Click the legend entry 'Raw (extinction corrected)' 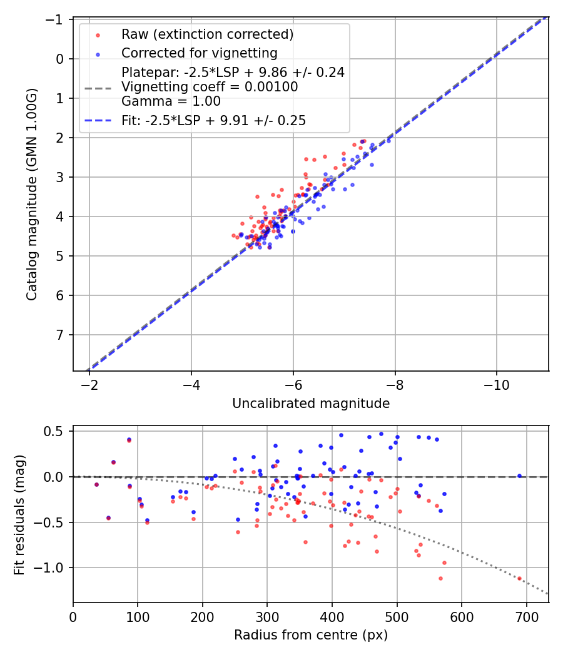point(207,34)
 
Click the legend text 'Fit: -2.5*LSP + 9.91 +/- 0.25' point(213,121)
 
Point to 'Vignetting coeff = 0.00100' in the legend point(210,87)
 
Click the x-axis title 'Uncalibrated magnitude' point(311,404)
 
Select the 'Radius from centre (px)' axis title point(311,635)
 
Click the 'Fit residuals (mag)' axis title point(19,514)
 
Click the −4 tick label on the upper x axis point(191,383)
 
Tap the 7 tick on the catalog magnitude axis point(60,335)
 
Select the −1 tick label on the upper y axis point(56,19)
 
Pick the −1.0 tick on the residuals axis point(52,568)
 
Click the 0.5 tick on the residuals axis point(57,431)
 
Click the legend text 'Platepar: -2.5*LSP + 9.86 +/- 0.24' point(233,72)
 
